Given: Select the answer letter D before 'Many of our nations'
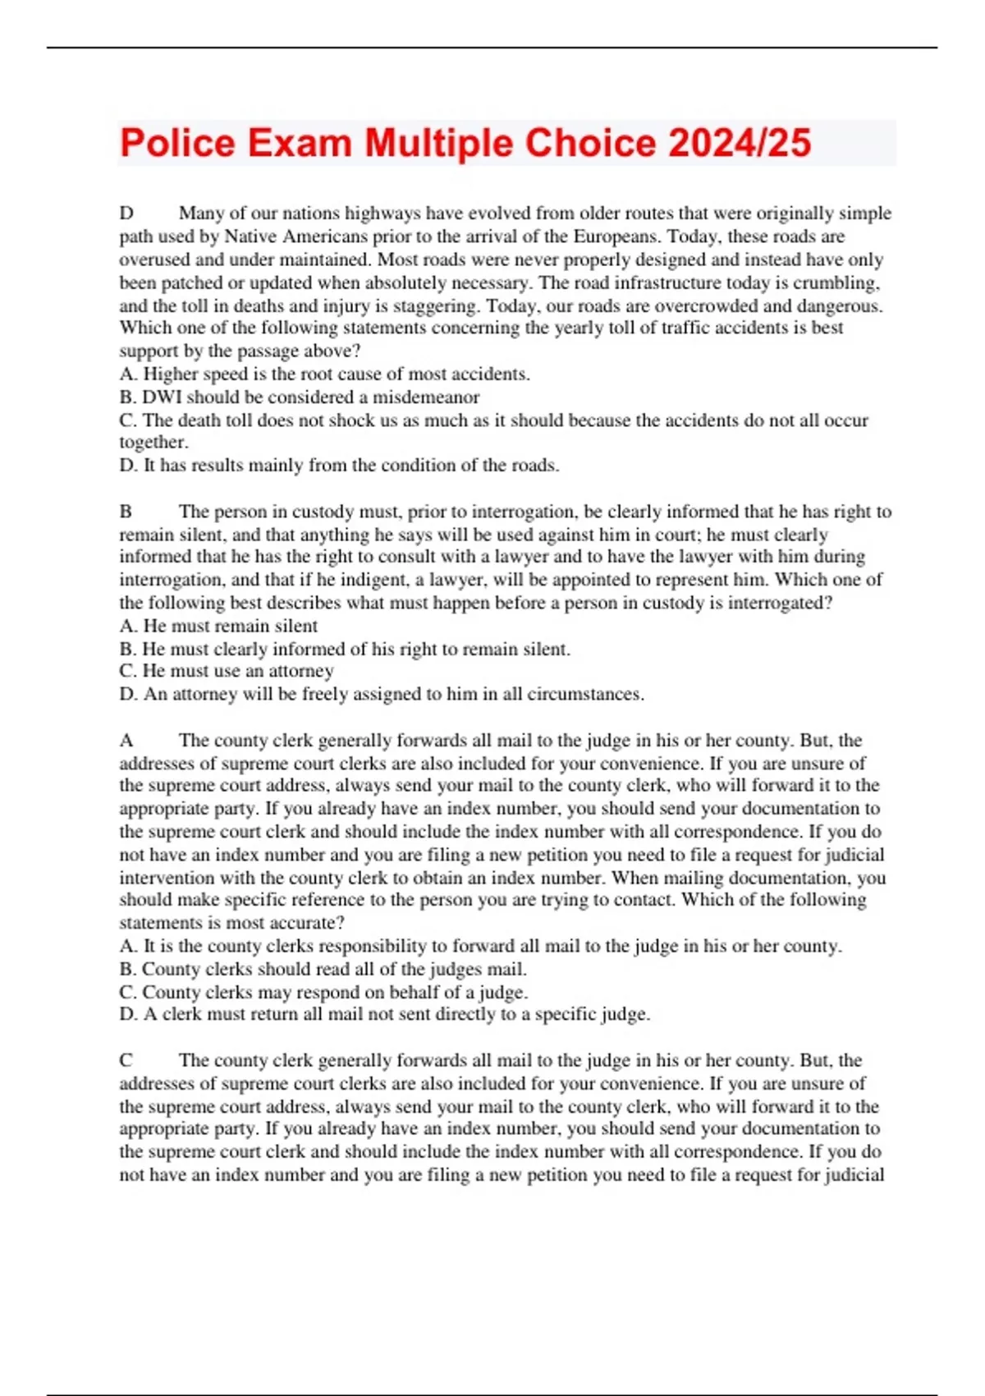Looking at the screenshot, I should [x=126, y=214].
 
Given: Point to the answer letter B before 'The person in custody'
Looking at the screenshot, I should [x=126, y=512].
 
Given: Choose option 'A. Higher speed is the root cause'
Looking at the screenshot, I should [x=324, y=374].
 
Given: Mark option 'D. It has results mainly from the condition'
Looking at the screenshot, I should [x=339, y=465].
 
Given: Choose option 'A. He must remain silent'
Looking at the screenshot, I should [x=218, y=626].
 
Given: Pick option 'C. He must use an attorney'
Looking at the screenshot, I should [x=227, y=671].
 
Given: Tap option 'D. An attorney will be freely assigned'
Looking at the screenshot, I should [x=382, y=694].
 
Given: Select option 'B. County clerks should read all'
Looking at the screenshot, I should [x=323, y=969].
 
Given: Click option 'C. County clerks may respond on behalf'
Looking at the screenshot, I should [x=323, y=992].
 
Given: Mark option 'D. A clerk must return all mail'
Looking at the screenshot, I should [x=384, y=1014].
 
